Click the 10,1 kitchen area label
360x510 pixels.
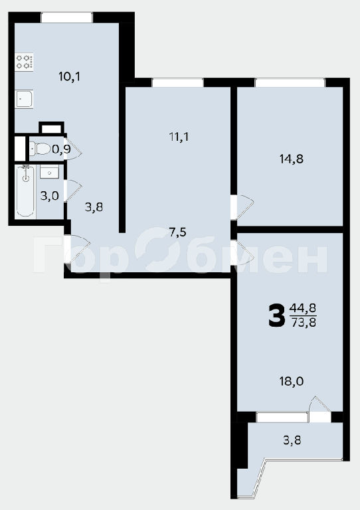tap(69, 77)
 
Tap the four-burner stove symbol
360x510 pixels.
tap(25, 62)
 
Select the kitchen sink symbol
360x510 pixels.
tap(24, 99)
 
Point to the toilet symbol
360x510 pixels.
tap(40, 149)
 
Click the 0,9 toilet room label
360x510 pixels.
tap(62, 149)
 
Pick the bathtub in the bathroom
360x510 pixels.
tap(25, 191)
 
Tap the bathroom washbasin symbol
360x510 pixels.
tap(49, 172)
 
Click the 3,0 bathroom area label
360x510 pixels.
tap(49, 196)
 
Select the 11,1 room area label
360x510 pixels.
tap(179, 137)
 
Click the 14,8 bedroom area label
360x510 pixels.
tap(291, 159)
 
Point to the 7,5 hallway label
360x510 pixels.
tap(177, 232)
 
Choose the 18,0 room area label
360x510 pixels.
tap(292, 381)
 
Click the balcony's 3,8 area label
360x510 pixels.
tap(292, 440)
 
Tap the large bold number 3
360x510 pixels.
tap(276, 315)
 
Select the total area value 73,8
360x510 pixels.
tap(302, 323)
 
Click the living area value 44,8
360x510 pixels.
tap(302, 307)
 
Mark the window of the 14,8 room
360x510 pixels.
tap(290, 82)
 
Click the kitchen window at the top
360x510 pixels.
tap(66, 17)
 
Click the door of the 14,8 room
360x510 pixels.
tap(242, 207)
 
